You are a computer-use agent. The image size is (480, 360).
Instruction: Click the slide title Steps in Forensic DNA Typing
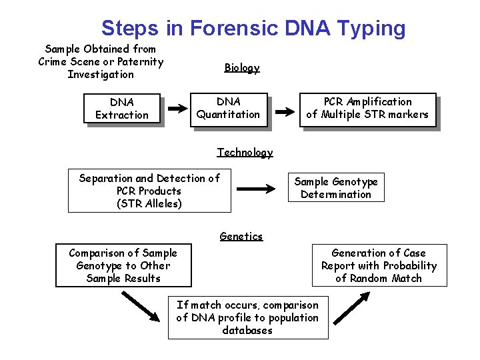253,28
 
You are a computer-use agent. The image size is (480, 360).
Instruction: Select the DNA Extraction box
122,109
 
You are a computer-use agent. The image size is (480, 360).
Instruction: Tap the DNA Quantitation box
229,109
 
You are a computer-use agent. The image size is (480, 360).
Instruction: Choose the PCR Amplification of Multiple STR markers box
367,109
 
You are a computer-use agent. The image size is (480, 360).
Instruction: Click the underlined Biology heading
241,67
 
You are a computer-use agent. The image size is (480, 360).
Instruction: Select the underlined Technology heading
245,153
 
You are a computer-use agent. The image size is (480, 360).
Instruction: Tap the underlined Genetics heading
241,236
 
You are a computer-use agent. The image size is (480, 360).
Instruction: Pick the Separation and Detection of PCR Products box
149,191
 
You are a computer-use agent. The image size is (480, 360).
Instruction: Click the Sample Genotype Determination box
336,188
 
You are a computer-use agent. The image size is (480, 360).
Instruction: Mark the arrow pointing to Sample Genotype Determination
256,189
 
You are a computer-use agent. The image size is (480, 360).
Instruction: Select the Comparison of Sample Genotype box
123,265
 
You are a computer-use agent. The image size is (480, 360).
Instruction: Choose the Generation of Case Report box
379,265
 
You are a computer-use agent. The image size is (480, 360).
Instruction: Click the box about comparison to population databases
247,317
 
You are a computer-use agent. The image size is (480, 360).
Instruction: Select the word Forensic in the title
234,28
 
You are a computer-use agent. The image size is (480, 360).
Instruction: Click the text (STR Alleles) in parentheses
149,204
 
